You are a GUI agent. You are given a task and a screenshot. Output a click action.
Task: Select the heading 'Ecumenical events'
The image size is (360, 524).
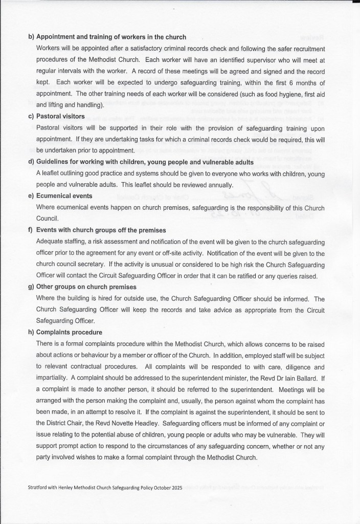click(64, 195)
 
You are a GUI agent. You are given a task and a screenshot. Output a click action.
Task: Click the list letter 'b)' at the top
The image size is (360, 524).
click(31, 37)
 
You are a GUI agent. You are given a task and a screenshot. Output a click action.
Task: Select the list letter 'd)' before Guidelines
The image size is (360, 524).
click(31, 163)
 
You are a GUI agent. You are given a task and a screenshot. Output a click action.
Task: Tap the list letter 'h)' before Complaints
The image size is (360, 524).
click(31, 333)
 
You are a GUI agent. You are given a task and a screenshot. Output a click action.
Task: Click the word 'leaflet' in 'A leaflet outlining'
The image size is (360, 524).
click(53, 173)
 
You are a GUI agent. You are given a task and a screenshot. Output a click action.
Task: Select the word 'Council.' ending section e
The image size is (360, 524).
click(47, 219)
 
